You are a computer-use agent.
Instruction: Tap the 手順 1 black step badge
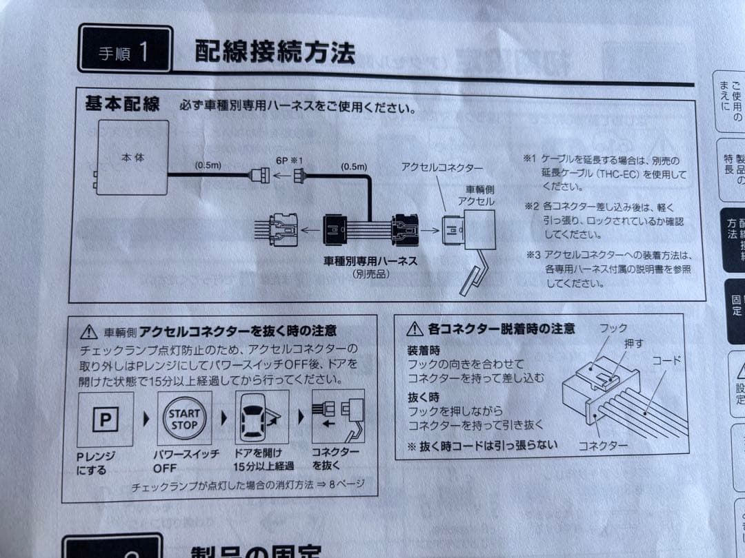pos(125,50)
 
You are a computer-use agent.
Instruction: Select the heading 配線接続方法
pos(275,52)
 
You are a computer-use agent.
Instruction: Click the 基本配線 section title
pos(122,105)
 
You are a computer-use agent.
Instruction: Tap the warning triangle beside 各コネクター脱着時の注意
pos(415,329)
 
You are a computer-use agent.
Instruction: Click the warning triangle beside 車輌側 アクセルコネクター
pos(89,332)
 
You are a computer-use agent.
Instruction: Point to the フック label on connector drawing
pos(613,329)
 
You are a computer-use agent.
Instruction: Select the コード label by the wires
pos(667,360)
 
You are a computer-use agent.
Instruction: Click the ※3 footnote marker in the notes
pos(532,254)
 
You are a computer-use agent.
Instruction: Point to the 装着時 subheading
pos(423,349)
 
